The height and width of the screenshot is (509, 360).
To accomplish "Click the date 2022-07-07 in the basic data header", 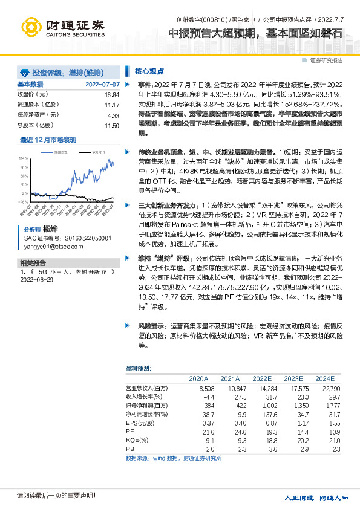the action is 102,84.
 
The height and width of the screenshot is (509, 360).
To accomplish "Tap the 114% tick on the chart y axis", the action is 24,157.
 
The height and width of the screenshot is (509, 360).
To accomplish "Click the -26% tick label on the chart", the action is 24,185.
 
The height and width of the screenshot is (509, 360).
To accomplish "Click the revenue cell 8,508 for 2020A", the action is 206,387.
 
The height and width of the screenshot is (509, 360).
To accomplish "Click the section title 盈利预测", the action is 139,368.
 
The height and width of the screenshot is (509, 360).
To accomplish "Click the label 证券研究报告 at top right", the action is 327,60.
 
